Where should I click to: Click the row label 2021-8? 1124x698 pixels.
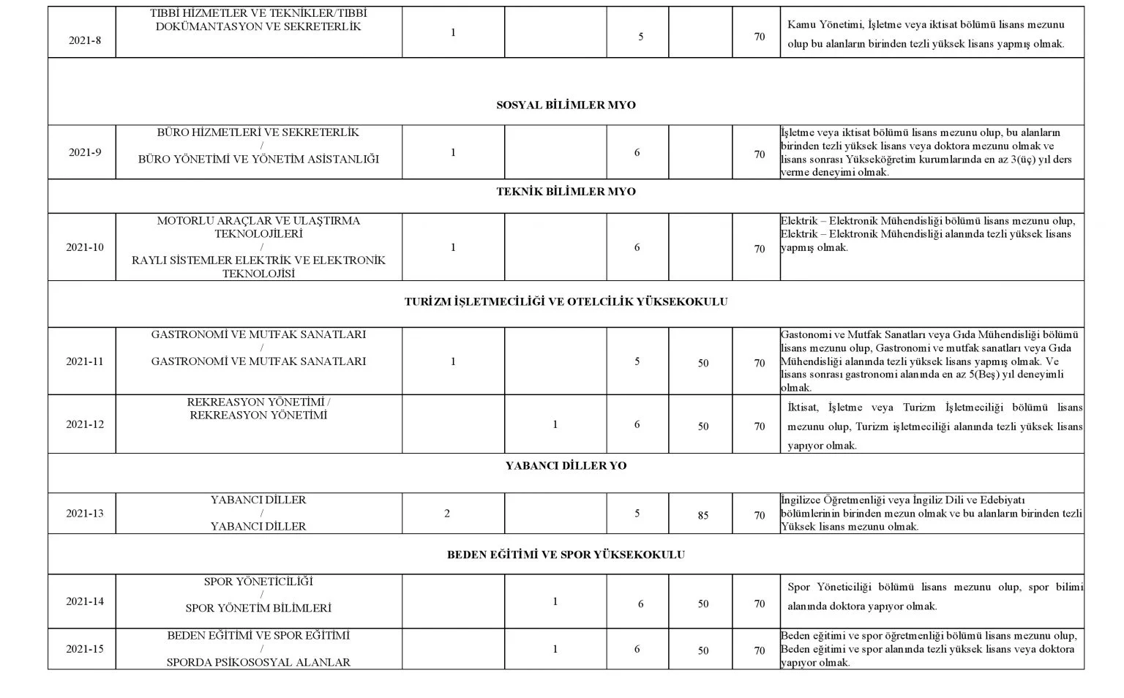tap(85, 40)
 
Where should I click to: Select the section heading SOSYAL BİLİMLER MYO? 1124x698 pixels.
tap(566, 105)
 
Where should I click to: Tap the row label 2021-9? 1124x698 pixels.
tap(85, 153)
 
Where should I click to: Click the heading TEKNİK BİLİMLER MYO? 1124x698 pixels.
tap(566, 192)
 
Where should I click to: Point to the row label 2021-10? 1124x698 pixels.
tap(85, 247)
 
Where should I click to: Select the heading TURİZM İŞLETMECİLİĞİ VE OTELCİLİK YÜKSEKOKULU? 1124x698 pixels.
tap(566, 301)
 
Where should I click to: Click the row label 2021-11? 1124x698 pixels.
tap(85, 361)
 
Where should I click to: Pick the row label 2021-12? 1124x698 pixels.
tap(85, 424)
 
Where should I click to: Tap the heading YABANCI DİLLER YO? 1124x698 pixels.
tap(566, 465)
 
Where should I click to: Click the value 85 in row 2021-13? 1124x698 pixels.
tap(702, 515)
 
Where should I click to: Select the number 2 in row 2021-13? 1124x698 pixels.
tap(447, 514)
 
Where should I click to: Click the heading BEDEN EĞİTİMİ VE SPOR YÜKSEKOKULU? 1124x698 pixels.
tap(566, 555)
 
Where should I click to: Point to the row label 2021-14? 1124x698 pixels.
tap(85, 601)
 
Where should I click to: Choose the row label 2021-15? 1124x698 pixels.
tap(85, 649)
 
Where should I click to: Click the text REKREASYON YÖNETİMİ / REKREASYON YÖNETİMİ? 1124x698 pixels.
tap(258, 409)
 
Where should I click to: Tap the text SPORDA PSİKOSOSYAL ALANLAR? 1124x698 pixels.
tap(258, 662)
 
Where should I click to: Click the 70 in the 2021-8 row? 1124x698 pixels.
tap(760, 37)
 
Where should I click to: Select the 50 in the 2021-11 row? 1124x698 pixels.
tap(702, 363)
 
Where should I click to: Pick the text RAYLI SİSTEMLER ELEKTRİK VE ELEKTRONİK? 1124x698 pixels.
tap(258, 260)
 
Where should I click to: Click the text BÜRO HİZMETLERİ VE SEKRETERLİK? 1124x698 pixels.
tap(258, 132)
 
